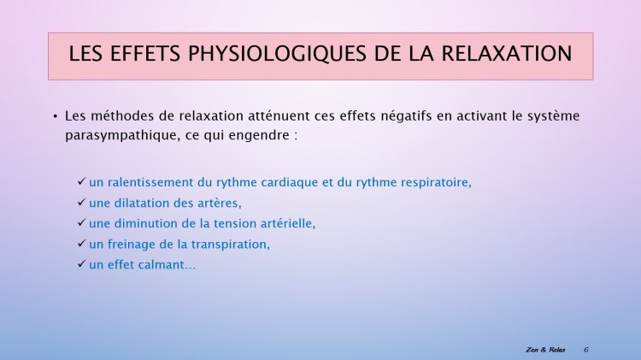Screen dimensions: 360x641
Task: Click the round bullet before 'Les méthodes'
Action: pos(55,115)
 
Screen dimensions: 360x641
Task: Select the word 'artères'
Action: pos(219,203)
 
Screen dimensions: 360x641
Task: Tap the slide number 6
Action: pos(586,350)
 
